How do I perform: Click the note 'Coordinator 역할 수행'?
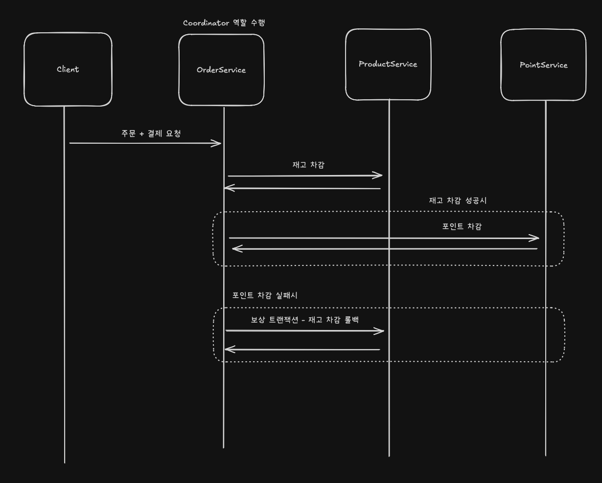224,23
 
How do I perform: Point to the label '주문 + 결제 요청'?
151,133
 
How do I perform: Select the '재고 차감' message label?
308,165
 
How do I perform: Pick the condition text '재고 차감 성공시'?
458,200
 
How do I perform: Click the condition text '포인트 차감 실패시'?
265,295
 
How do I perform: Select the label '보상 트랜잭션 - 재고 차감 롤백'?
305,320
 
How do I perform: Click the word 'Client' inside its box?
68,69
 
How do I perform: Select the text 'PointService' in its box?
543,65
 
